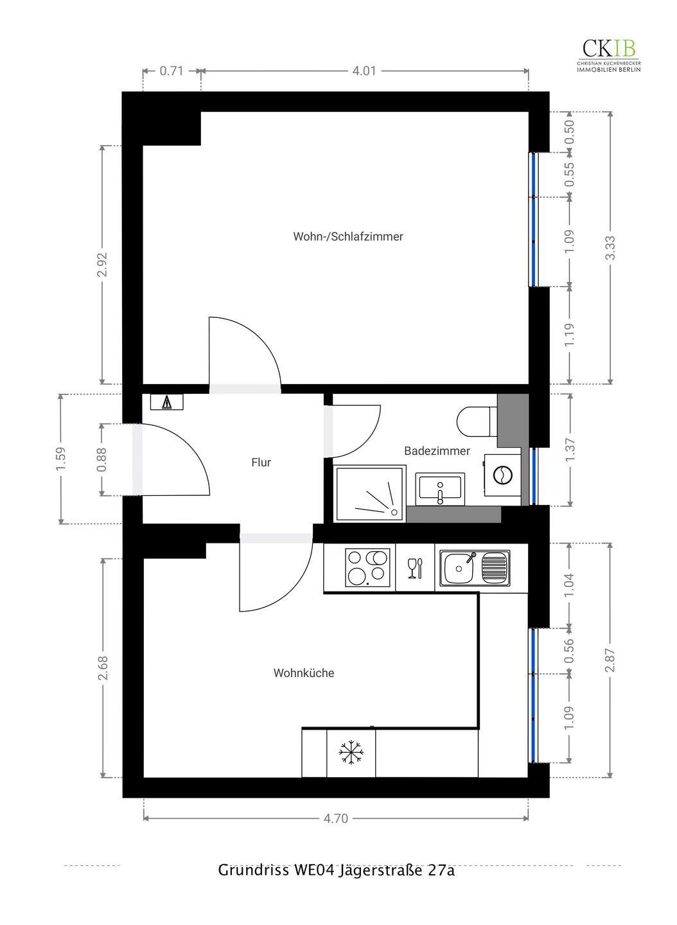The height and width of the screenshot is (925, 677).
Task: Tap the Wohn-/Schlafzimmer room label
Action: pos(348,236)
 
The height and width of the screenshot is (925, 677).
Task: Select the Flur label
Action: pos(261,462)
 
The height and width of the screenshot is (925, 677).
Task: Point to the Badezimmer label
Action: pos(437,451)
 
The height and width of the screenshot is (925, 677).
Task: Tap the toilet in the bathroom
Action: pos(477,421)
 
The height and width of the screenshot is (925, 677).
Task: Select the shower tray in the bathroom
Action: pos(369,493)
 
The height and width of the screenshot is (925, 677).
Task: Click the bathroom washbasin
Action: pos(441,489)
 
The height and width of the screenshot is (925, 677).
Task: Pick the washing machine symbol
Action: pos(502,475)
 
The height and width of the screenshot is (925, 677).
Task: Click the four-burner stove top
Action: pos(367,567)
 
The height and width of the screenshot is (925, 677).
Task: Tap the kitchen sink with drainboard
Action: pos(475,568)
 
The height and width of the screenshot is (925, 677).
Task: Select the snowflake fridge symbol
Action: pos(351,752)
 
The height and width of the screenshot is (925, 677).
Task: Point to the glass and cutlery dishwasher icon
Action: pos(415,568)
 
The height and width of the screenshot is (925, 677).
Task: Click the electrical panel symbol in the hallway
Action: pos(167,402)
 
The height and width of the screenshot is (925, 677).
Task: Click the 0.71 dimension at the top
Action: pos(171,71)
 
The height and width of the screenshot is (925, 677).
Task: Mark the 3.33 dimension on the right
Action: pos(611,248)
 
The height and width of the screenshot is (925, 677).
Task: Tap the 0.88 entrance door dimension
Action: pos(101,459)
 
